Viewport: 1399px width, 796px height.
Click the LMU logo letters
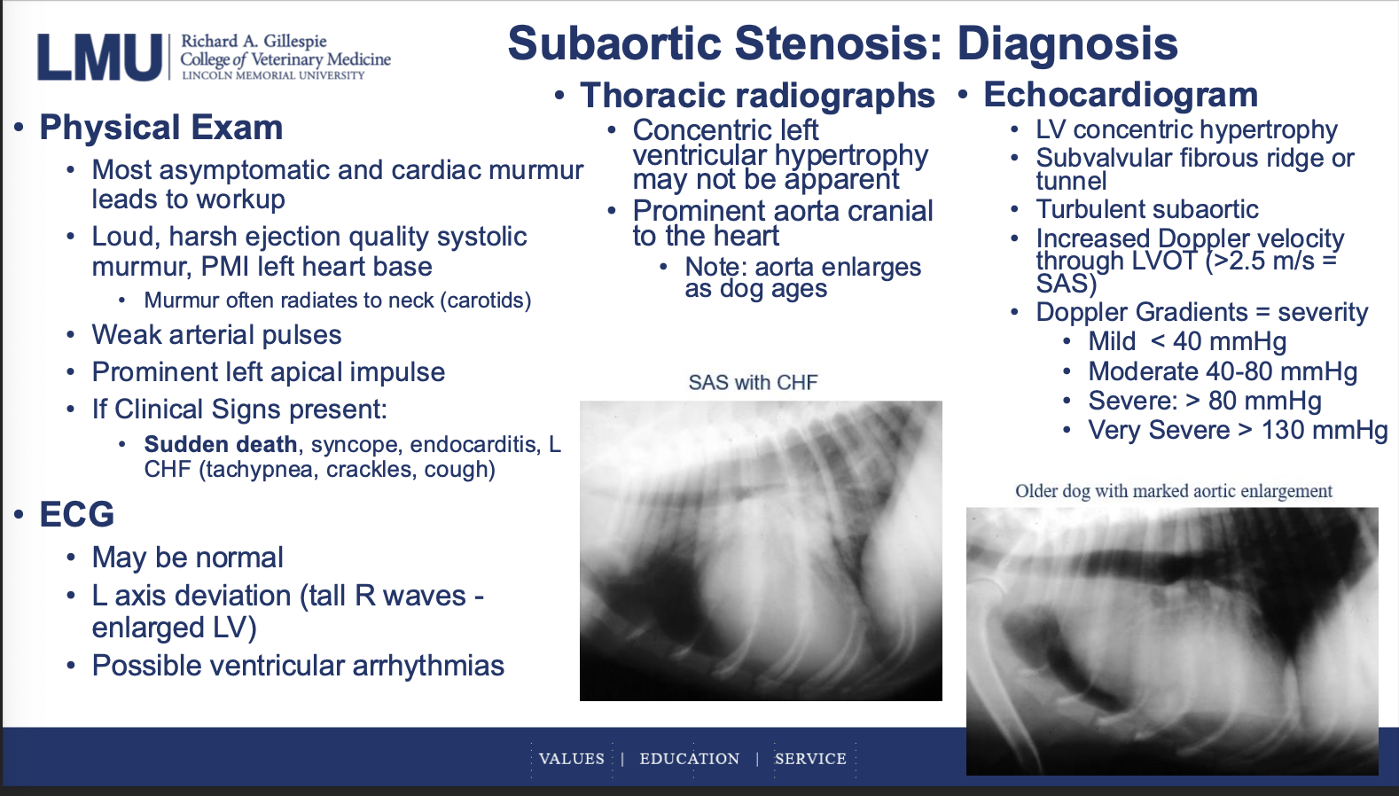(99, 57)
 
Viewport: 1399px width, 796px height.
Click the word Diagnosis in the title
(1067, 43)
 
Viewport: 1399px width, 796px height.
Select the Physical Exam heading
(161, 128)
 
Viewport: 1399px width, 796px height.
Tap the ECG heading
(77, 514)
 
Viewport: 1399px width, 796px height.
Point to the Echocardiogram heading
(1121, 95)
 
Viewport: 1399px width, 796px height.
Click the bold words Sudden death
(221, 444)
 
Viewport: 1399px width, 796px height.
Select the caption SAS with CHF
(753, 382)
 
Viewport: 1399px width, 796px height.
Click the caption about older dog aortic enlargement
(1174, 491)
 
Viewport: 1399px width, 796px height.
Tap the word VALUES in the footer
(572, 759)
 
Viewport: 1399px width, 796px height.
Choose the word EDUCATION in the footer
(690, 759)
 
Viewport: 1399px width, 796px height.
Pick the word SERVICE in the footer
(810, 759)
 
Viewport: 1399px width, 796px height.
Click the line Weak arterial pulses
(216, 335)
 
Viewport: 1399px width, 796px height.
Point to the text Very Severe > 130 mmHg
(1238, 430)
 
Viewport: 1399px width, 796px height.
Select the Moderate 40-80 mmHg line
(1223, 372)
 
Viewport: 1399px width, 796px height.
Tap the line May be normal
(187, 558)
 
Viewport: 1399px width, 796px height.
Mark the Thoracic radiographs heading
(758, 96)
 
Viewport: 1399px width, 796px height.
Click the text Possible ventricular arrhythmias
(298, 666)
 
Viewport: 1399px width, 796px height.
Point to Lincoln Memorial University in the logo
(273, 75)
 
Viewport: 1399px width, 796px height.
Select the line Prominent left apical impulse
(269, 372)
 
